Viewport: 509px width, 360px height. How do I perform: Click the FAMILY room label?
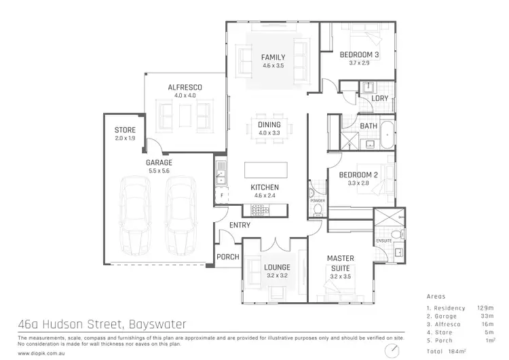[x=273, y=58]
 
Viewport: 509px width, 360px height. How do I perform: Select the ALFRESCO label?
[x=185, y=88]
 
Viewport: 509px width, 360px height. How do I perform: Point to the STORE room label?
[x=125, y=130]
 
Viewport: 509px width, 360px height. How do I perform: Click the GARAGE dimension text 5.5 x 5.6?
[x=158, y=172]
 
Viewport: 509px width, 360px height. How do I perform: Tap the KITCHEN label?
[x=265, y=187]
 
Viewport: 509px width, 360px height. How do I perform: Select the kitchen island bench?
[x=265, y=169]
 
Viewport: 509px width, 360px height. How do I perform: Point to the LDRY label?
[x=380, y=98]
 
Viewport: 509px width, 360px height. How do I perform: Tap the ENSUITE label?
[x=384, y=242]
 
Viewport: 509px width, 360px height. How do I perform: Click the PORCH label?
[x=227, y=257]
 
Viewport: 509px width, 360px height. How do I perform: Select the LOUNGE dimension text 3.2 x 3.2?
[x=277, y=276]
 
